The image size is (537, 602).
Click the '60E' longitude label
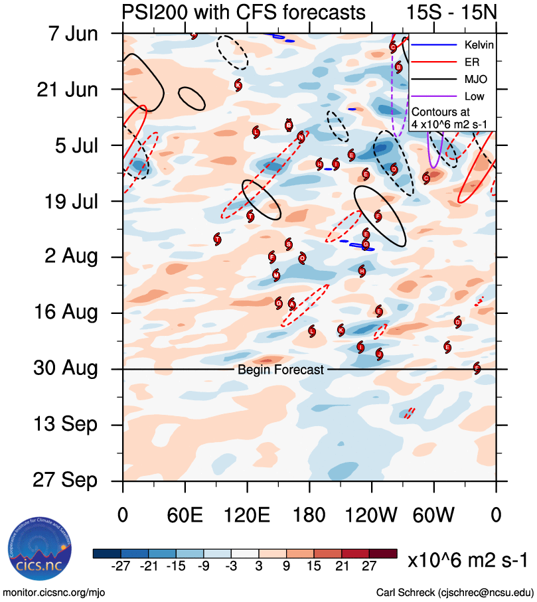185,516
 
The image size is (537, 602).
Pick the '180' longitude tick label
309,516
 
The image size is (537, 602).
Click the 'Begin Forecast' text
281,370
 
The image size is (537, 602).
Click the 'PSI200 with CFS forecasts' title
243,12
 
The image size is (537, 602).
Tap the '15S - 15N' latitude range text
451,12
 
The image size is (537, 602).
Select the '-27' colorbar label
121,565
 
